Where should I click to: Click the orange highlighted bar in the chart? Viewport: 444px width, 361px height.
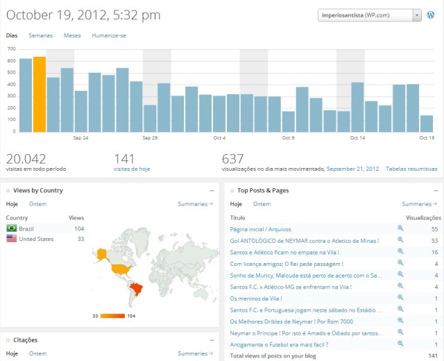[40, 94]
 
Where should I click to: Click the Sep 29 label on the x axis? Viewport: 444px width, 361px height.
[151, 137]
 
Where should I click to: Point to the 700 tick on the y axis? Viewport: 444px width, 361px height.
[11, 49]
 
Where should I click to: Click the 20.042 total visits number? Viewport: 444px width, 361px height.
[26, 159]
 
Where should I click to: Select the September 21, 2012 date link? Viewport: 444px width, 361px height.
[352, 169]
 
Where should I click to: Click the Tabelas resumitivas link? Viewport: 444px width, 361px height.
[411, 169]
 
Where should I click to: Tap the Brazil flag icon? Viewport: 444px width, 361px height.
[12, 228]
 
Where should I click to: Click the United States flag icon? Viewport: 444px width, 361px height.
[12, 238]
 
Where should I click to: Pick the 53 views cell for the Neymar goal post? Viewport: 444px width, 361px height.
[434, 240]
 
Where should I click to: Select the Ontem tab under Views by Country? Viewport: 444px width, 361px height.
[37, 204]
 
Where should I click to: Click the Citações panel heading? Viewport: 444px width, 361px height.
[25, 339]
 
